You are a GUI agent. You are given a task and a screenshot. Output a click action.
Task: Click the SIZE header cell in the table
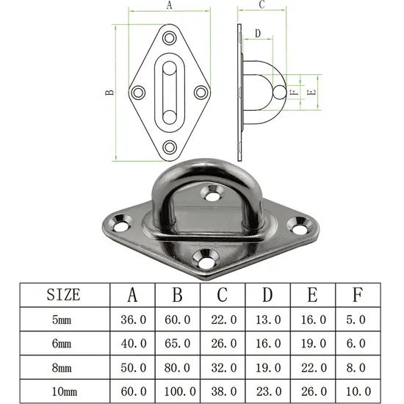coord(63,295)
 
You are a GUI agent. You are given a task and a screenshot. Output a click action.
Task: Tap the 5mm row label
coord(63,320)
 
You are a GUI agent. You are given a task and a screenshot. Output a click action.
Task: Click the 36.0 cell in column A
coord(133,320)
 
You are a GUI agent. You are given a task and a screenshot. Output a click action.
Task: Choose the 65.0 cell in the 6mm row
coord(178,342)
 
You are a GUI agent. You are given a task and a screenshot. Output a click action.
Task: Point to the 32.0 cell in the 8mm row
coord(223,366)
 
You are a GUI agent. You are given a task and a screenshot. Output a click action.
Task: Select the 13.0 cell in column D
coord(267,320)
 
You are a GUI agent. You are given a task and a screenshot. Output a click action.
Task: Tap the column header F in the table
coord(357,295)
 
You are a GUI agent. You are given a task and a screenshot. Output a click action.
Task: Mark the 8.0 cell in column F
coord(357,366)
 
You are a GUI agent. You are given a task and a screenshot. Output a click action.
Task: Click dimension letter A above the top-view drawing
coord(170,5)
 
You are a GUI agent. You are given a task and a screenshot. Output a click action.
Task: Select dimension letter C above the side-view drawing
coord(262,5)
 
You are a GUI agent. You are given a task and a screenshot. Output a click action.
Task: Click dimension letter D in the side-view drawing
coord(257,33)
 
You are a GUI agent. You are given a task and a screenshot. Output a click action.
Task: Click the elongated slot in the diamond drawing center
coord(170,93)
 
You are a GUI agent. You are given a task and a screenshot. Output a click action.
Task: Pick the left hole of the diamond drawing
coord(137,93)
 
